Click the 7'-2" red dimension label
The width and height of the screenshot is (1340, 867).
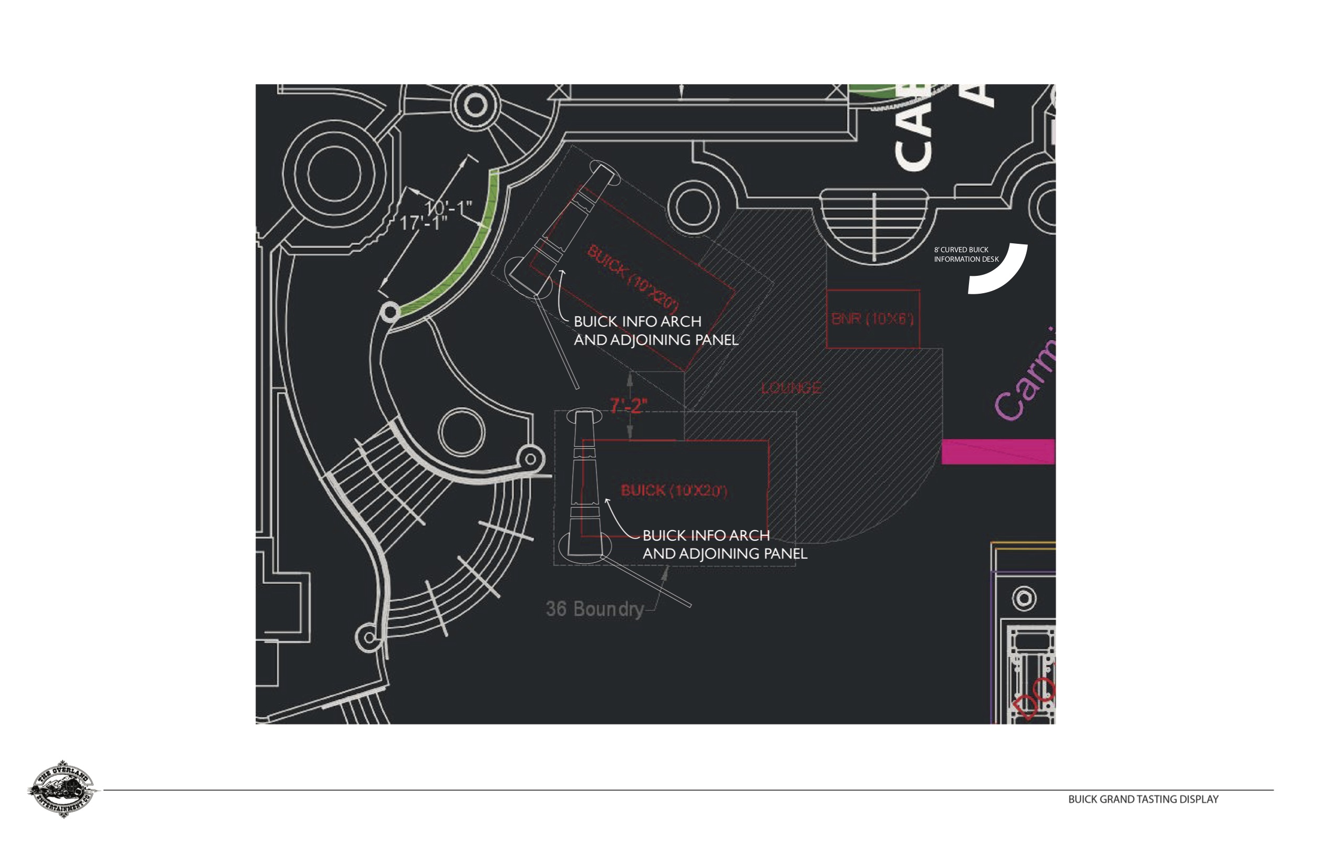coord(628,405)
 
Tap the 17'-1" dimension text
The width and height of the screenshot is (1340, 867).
coord(423,223)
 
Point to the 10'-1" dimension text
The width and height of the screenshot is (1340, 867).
coord(448,208)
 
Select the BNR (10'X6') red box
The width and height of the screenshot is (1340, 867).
coord(872,319)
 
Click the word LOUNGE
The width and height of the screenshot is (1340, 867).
coord(791,388)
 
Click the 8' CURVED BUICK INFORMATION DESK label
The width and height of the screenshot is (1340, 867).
coord(966,254)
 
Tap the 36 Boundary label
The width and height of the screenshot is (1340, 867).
coord(594,609)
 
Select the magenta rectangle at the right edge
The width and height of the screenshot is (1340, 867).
coord(998,451)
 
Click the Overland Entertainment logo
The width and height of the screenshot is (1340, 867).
coord(62,788)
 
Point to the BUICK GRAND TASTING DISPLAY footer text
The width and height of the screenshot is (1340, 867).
coord(1143,799)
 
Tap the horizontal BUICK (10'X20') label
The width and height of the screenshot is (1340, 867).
coord(674,491)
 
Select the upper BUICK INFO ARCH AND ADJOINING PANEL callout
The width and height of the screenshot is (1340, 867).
coord(655,331)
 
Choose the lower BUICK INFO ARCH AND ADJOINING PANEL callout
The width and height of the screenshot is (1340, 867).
coord(725,544)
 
